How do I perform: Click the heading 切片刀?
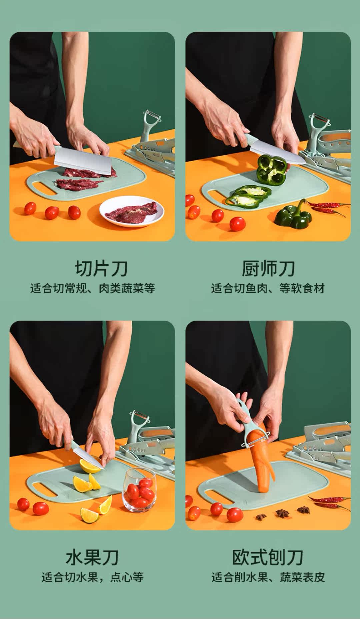coord(101,269)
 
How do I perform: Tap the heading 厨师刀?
coord(268,269)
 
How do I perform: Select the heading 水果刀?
coord(92,558)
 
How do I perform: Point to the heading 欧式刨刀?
coord(268,558)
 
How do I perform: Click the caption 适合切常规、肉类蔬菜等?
coord(93,288)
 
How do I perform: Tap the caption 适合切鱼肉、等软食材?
coord(268,288)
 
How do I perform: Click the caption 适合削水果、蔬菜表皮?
coord(268,577)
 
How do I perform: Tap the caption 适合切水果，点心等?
coord(93,577)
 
